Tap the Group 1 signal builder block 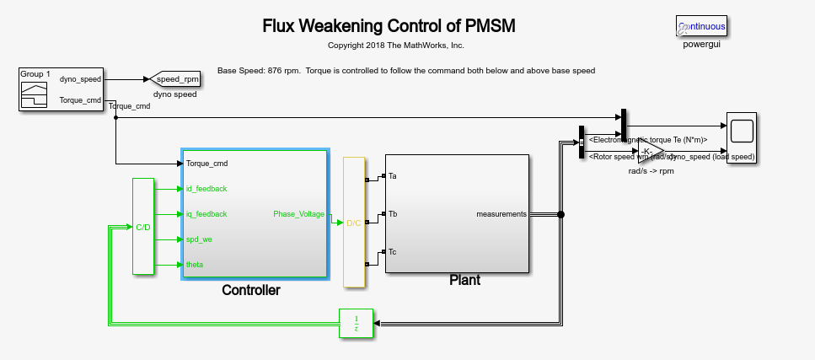click(x=34, y=90)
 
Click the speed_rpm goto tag click(x=175, y=79)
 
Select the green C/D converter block click(x=143, y=226)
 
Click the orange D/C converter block click(x=354, y=223)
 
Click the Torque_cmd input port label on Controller click(x=207, y=164)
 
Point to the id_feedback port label click(x=206, y=189)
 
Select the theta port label click(x=195, y=265)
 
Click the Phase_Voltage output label click(x=298, y=214)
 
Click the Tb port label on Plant click(x=393, y=214)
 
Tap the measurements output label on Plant click(x=501, y=214)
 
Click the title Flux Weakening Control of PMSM click(x=389, y=26)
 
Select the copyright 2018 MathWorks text click(x=395, y=45)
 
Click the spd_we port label click(x=200, y=239)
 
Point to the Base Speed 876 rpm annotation click(x=406, y=71)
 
